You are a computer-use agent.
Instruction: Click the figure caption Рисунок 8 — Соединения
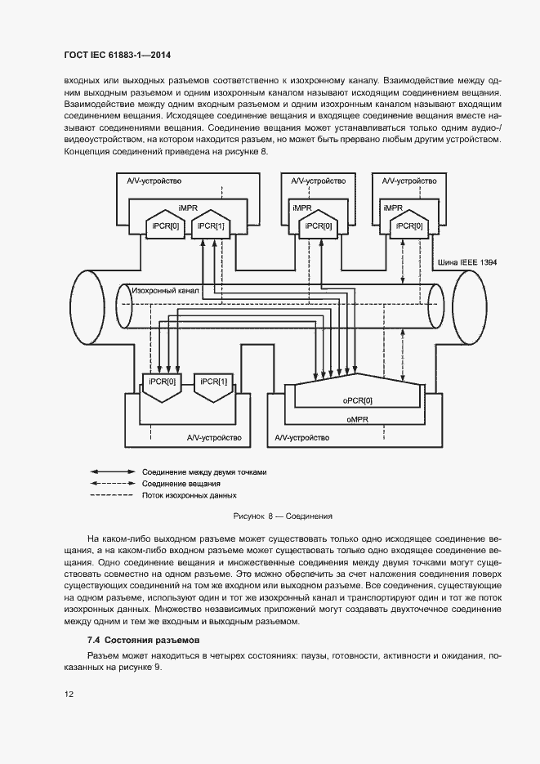point(283,516)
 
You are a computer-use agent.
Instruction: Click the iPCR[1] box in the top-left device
point(210,226)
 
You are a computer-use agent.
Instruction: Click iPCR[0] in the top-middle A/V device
point(318,226)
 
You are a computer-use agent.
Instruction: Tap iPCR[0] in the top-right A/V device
point(408,226)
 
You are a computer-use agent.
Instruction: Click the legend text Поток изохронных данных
point(189,495)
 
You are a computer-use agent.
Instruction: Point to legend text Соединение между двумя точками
point(204,472)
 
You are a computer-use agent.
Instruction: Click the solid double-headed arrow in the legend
point(113,472)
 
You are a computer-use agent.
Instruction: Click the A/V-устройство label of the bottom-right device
point(302,438)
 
